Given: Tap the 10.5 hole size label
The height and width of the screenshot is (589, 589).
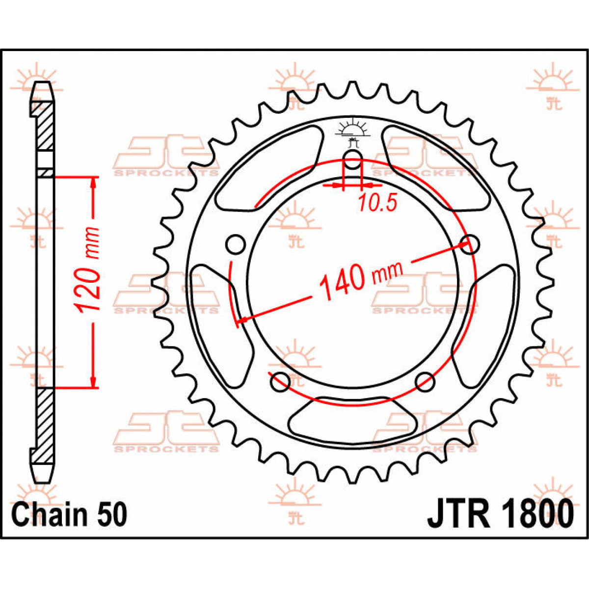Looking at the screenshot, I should pos(376,203).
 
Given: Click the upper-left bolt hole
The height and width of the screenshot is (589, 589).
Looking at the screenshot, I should pos(236,243).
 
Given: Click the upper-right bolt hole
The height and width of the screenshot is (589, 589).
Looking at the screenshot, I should pos(469,243).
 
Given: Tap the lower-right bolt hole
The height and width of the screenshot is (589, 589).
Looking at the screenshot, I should pos(425,381).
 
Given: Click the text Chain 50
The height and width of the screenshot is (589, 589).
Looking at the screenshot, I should pos(69,514).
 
